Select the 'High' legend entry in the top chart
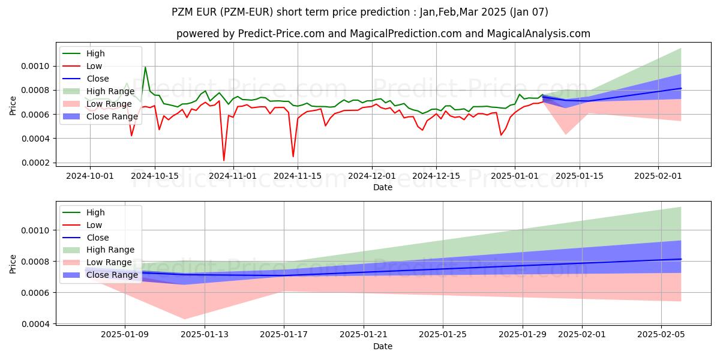pyautogui.click(x=95, y=53)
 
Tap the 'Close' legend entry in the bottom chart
pyautogui.click(x=98, y=238)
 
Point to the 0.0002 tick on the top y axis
pyautogui.click(x=38, y=163)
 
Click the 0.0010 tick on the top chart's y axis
pyautogui.click(x=38, y=66)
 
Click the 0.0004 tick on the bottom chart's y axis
pyautogui.click(x=38, y=324)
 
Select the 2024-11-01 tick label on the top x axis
pyautogui.click(x=233, y=176)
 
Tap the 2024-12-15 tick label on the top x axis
pyautogui.click(x=436, y=176)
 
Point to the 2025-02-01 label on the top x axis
pyautogui.click(x=658, y=176)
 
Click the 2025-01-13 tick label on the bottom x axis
pyautogui.click(x=205, y=335)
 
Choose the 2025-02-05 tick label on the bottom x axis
pyautogui.click(x=661, y=335)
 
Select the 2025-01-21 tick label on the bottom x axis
pyautogui.click(x=363, y=335)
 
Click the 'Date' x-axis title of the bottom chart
pyautogui.click(x=383, y=346)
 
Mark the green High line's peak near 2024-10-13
pyautogui.click(x=145, y=67)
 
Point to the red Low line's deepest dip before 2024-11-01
pyautogui.click(x=224, y=160)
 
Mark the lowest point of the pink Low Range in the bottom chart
pyautogui.click(x=184, y=319)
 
